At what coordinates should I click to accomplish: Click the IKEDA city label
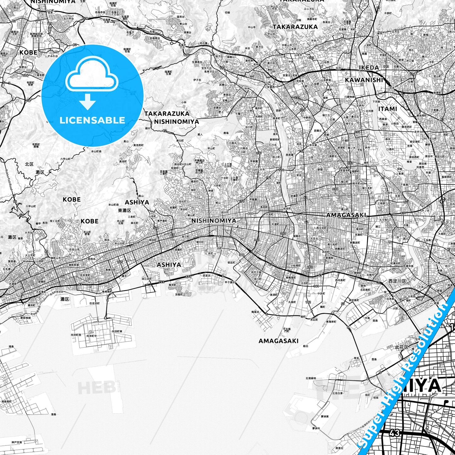click(x=369, y=67)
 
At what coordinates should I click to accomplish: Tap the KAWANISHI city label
click(x=364, y=80)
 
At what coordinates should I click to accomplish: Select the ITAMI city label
click(x=388, y=109)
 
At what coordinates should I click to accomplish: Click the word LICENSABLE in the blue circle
click(x=92, y=120)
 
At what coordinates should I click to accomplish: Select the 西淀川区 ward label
click(x=397, y=281)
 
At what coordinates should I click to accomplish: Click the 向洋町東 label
click(x=117, y=332)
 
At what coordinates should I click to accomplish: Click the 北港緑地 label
click(x=311, y=378)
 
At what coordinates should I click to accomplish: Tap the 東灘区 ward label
click(x=124, y=210)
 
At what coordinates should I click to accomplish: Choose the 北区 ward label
click(x=29, y=164)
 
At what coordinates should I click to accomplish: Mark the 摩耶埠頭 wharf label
click(x=26, y=318)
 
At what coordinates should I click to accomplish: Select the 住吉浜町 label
click(x=94, y=303)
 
